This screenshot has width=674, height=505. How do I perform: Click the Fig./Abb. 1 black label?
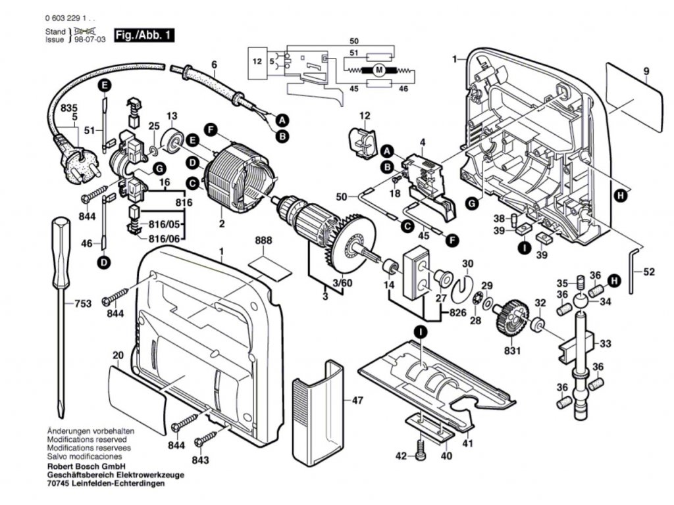point(144,36)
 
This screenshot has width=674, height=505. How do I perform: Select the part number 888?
point(263,241)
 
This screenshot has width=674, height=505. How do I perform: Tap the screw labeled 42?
point(422,455)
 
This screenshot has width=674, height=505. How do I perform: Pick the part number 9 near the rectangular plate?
point(646,71)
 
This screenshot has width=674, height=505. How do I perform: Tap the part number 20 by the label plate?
point(118,356)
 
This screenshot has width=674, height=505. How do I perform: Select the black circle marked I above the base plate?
point(420,333)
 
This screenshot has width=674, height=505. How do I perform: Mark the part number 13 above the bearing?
point(172,116)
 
